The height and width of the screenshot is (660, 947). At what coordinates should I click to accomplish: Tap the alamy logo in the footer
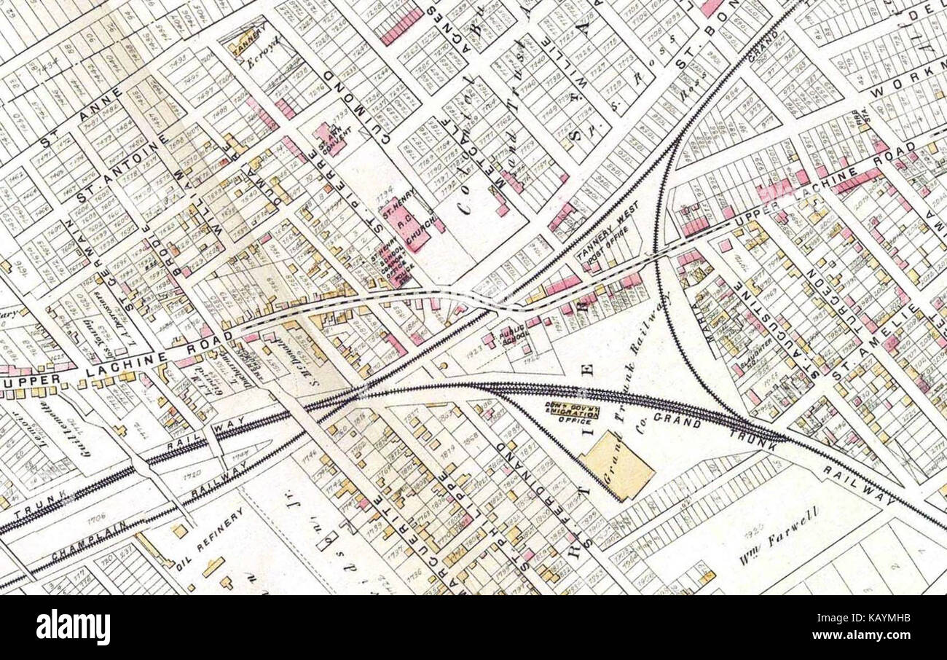pyautogui.click(x=74, y=627)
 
